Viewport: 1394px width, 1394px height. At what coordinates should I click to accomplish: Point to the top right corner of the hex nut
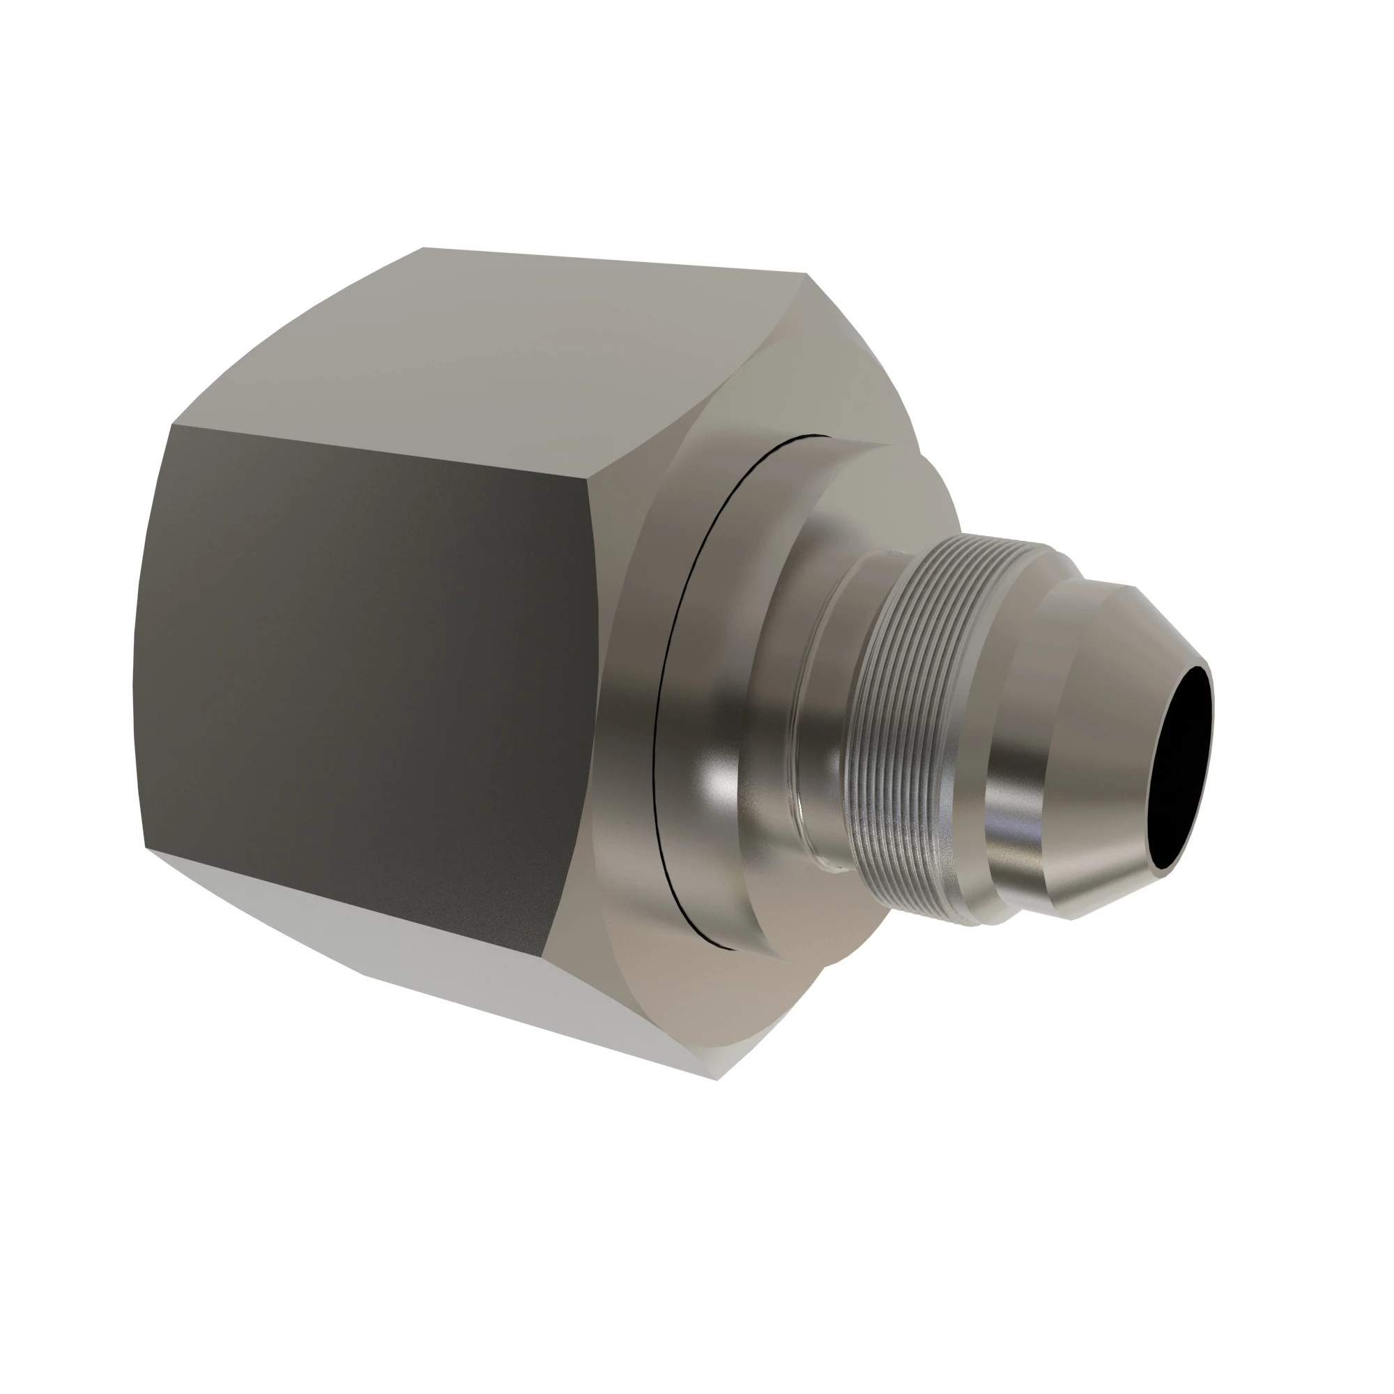point(806,274)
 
